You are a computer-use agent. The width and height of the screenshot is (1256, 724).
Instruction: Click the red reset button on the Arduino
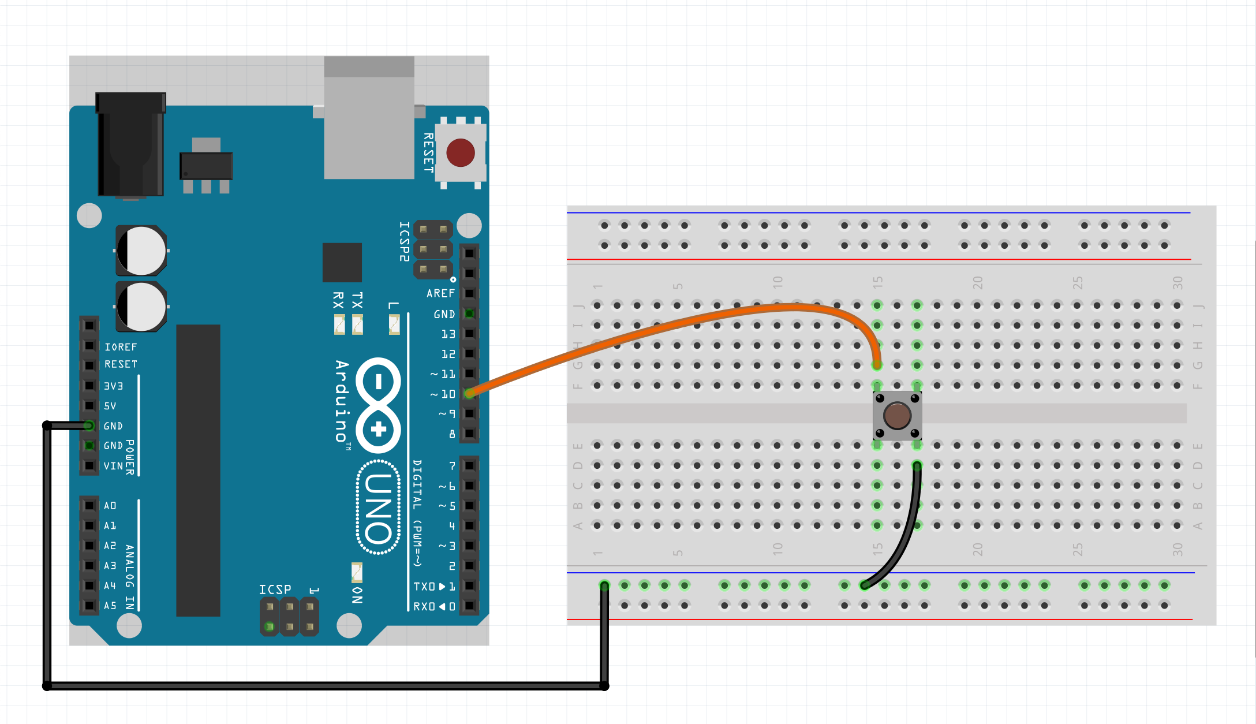[460, 152]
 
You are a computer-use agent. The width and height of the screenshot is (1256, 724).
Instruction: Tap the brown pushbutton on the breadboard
[897, 416]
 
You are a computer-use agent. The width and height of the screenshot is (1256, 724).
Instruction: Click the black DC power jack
[130, 144]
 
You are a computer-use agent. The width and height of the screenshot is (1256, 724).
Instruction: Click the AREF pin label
[440, 293]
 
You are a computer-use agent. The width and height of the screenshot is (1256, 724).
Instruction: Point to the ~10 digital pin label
[443, 394]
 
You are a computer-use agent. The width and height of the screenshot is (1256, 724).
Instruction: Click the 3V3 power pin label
[113, 386]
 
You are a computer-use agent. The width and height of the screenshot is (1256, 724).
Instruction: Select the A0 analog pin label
[110, 506]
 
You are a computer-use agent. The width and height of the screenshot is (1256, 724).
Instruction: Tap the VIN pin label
[113, 466]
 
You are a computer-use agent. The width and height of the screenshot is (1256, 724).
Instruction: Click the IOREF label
[121, 347]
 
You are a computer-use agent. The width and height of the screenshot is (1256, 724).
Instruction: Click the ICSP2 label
[405, 241]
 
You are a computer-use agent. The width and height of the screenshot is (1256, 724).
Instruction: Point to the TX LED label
[358, 300]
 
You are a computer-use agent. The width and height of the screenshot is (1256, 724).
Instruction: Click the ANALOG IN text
[130, 577]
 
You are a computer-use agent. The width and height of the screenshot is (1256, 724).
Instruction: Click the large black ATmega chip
[198, 470]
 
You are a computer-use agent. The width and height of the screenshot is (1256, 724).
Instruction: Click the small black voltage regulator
[206, 166]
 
